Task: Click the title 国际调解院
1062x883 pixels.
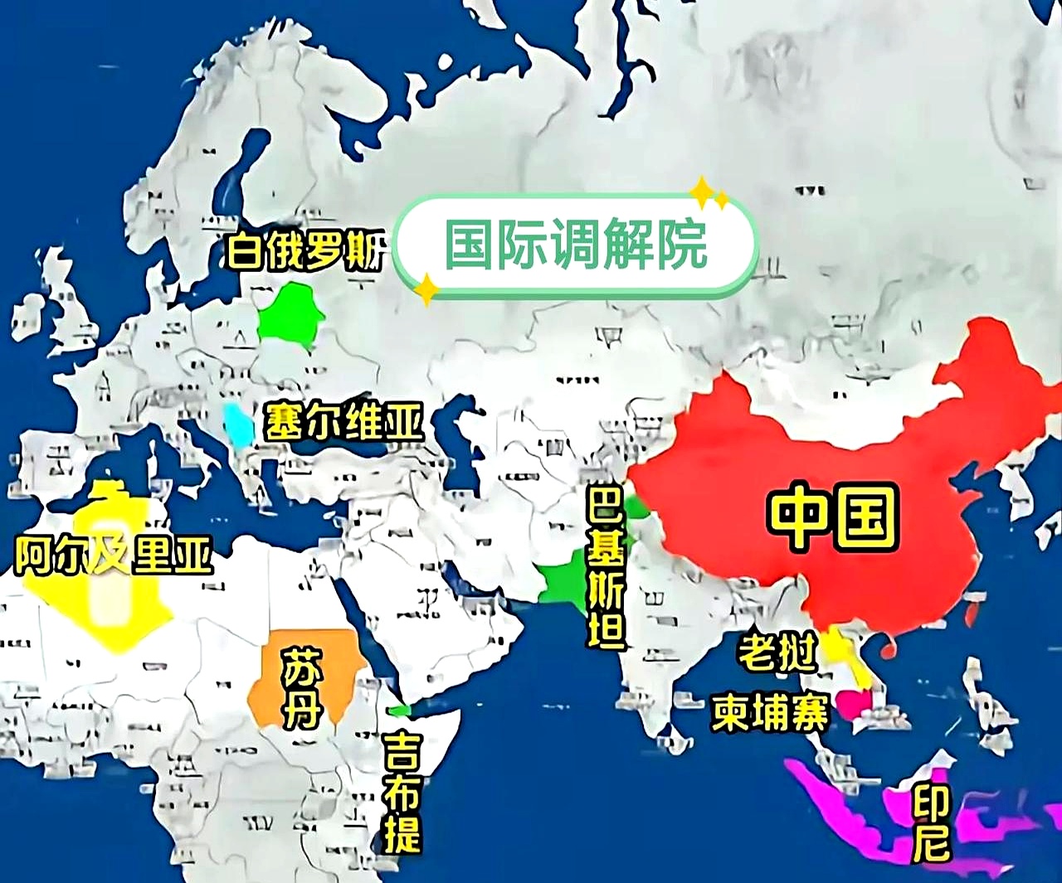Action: (x=576, y=245)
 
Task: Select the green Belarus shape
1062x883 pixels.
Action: (x=289, y=315)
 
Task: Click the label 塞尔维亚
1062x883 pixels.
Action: (x=343, y=421)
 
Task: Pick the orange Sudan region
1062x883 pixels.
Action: (x=274, y=680)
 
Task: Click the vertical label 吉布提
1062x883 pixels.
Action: (x=402, y=793)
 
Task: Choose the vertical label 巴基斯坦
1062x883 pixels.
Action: (x=607, y=568)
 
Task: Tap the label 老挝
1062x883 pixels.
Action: (x=777, y=652)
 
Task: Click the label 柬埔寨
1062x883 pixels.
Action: (x=770, y=712)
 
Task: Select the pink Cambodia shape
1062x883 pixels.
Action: (x=855, y=704)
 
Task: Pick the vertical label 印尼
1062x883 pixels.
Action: (x=931, y=823)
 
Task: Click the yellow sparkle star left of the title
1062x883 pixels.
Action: (x=426, y=289)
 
